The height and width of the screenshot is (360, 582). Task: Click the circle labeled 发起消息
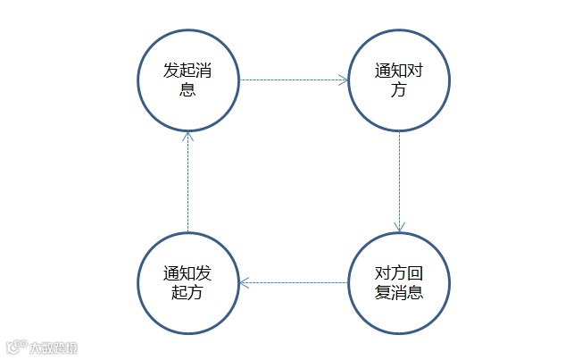187,80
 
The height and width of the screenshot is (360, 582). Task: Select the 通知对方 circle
398,80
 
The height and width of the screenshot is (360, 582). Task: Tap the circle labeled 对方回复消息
398,282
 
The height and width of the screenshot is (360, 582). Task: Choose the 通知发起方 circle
187,282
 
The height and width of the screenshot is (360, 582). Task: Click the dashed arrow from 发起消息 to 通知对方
293,80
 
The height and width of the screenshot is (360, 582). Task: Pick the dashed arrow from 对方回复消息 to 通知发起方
293,282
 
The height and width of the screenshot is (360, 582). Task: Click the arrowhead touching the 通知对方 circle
343,80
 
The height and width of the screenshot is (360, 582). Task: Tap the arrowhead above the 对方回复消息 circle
398,227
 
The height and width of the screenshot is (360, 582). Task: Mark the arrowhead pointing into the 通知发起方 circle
244,282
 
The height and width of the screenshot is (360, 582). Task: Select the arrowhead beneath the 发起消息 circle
187,135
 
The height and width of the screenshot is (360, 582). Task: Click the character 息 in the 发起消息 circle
187,89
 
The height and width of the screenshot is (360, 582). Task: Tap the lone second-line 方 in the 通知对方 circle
398,89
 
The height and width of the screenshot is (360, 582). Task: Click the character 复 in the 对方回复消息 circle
382,292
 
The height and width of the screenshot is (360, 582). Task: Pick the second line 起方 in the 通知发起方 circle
187,292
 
